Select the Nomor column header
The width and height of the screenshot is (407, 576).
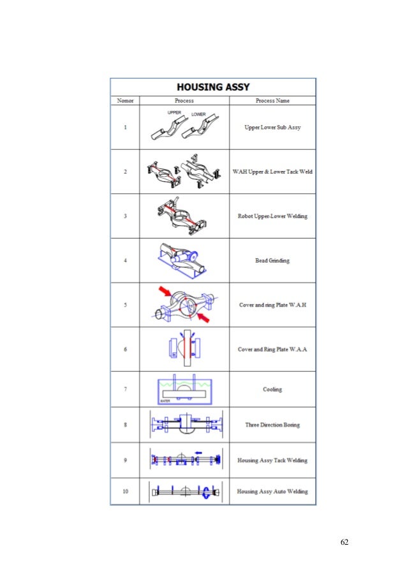click(x=124, y=101)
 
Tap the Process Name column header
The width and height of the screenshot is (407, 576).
click(x=272, y=101)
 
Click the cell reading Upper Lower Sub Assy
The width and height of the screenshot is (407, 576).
click(x=272, y=128)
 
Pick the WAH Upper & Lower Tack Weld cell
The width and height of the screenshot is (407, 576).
click(x=272, y=172)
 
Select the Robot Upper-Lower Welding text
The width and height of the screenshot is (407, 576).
click(x=272, y=216)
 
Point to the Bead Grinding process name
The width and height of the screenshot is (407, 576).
click(x=272, y=260)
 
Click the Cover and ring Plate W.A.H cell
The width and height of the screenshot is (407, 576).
click(x=272, y=305)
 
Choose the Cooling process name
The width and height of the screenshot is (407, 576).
click(x=272, y=389)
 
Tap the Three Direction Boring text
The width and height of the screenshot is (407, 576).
click(x=272, y=425)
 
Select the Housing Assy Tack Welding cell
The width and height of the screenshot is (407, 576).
click(x=272, y=460)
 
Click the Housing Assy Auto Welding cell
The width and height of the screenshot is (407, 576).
click(x=272, y=491)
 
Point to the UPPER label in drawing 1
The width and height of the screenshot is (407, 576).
click(x=175, y=112)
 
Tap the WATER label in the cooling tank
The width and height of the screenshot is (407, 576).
click(x=165, y=401)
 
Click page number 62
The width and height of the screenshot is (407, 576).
click(x=344, y=542)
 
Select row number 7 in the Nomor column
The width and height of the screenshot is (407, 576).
click(x=124, y=389)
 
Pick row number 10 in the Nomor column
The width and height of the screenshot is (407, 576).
click(x=124, y=491)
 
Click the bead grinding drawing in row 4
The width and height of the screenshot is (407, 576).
click(x=184, y=260)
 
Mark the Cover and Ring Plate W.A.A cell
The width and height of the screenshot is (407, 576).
click(x=272, y=350)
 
